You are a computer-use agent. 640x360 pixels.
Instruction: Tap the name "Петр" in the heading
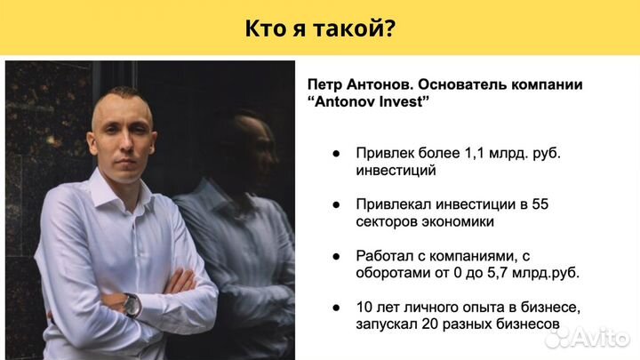pos(326,84)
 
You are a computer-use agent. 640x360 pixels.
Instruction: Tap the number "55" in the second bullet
pos(539,204)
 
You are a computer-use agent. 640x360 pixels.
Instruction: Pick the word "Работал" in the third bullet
pos(385,255)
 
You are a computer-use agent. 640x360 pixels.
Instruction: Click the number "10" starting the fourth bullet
pos(364,307)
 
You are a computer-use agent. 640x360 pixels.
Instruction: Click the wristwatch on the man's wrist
pos(132,304)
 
